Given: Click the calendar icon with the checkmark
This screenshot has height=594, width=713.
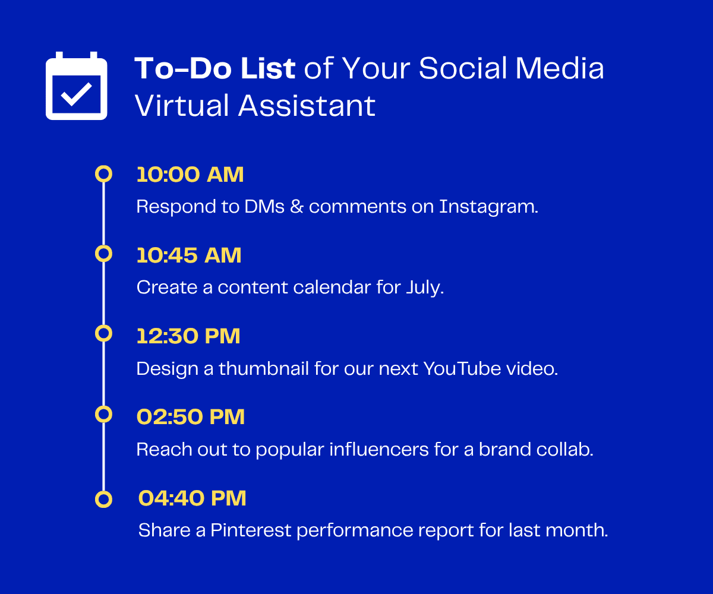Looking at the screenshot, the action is [x=77, y=86].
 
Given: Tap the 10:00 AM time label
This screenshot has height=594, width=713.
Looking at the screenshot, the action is [x=190, y=175].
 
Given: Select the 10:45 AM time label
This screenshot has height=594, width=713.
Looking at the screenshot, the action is [x=189, y=255].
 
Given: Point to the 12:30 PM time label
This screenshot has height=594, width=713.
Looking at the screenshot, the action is [x=188, y=336].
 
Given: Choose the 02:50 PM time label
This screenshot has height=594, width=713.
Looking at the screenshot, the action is [x=191, y=417].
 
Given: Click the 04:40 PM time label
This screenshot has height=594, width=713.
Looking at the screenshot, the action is [x=193, y=498].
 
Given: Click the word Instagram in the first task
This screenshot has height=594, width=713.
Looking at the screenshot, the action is [x=488, y=207].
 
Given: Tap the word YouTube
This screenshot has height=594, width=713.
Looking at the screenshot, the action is [x=462, y=368].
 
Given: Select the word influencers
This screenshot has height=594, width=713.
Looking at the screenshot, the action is [x=379, y=449].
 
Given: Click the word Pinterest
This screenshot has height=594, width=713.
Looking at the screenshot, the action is [x=251, y=530].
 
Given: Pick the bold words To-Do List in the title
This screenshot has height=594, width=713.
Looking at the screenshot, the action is [x=215, y=69].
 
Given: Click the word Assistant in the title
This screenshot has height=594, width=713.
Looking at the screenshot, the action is [x=307, y=106].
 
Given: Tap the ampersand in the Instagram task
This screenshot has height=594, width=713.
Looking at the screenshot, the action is [x=296, y=207].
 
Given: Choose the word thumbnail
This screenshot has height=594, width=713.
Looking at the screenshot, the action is [x=264, y=368].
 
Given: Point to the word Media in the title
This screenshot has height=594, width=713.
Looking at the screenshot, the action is [x=560, y=69].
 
